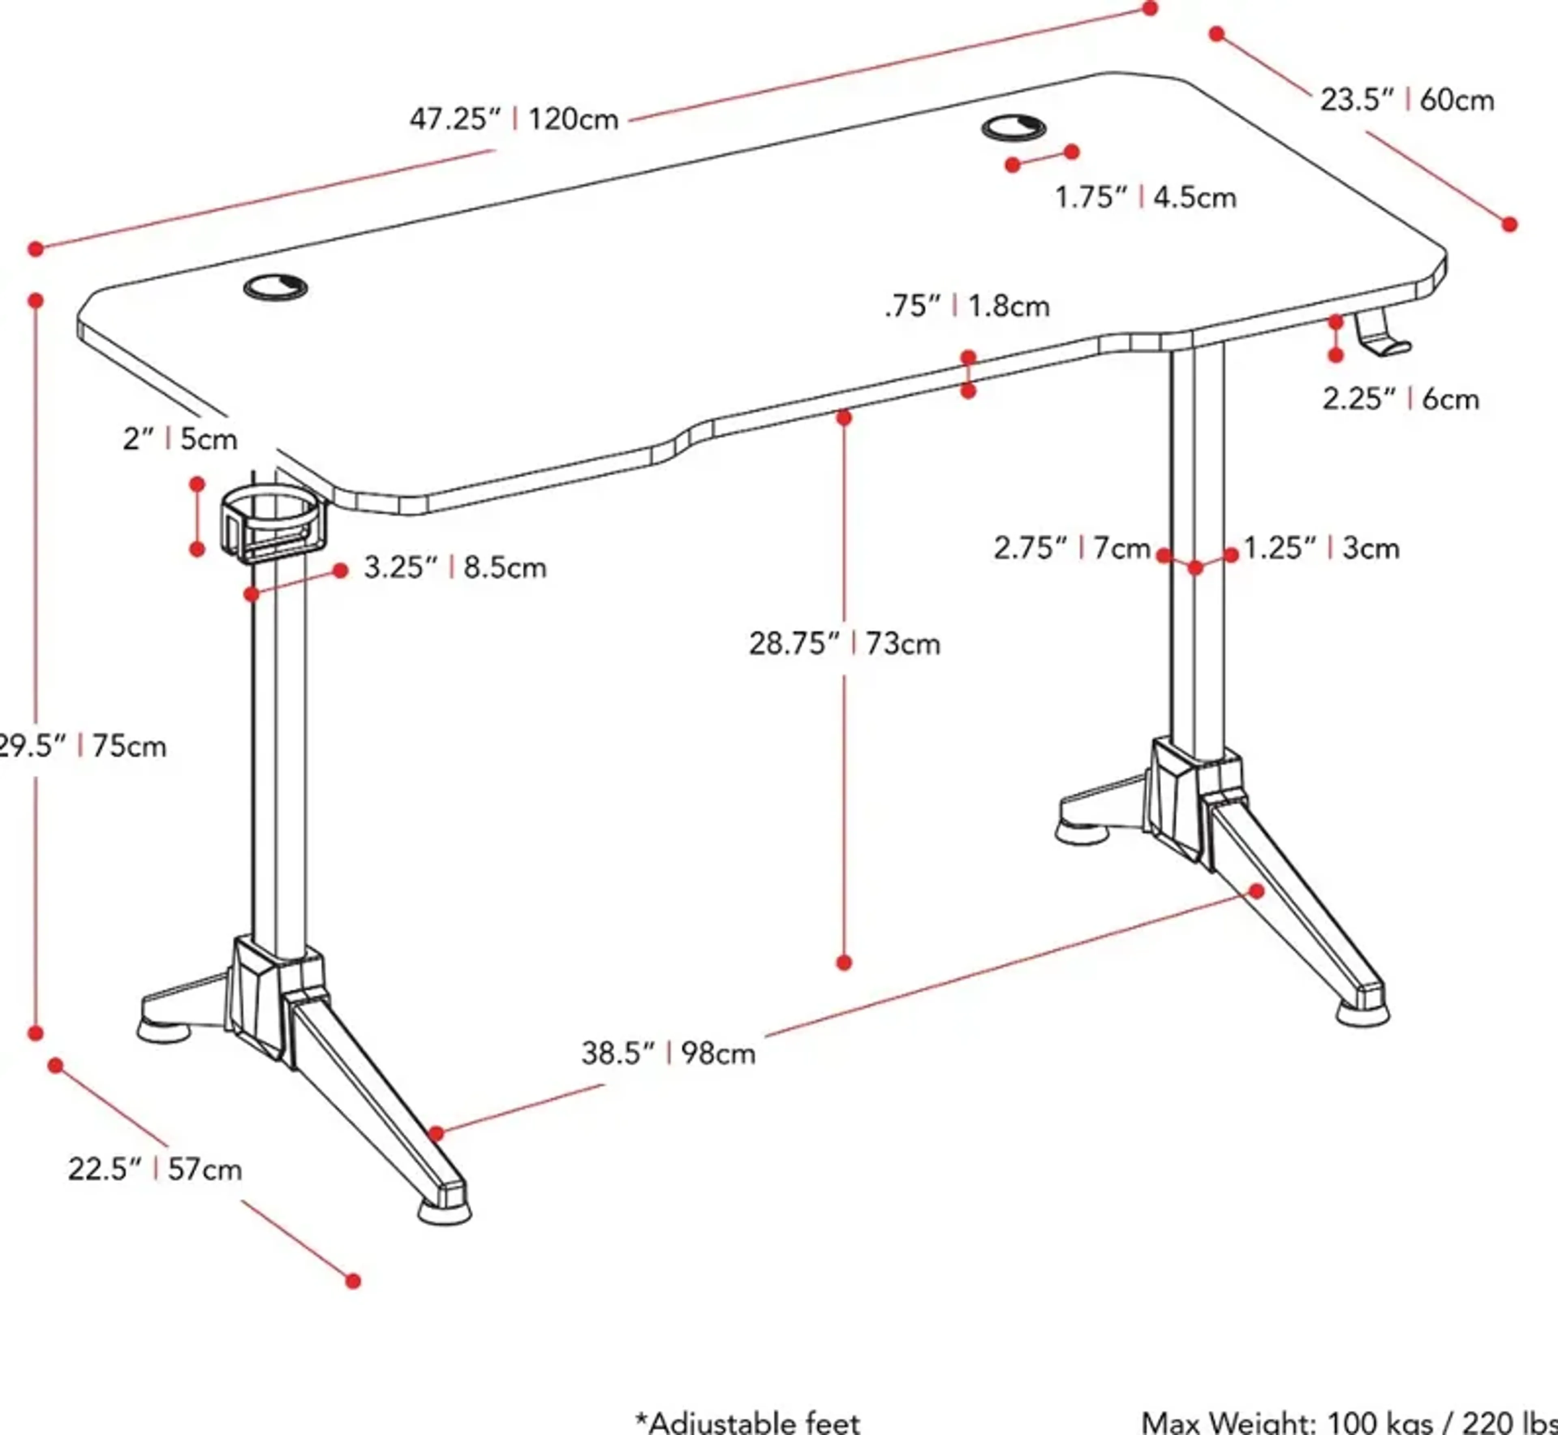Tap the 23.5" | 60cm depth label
click(1407, 100)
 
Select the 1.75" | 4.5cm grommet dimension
click(1145, 197)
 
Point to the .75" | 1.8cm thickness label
click(966, 306)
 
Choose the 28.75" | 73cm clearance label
click(844, 644)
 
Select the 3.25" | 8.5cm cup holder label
click(455, 568)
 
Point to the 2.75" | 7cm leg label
click(1071, 548)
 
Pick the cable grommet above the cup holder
click(275, 287)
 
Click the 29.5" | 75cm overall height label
click(82, 746)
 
